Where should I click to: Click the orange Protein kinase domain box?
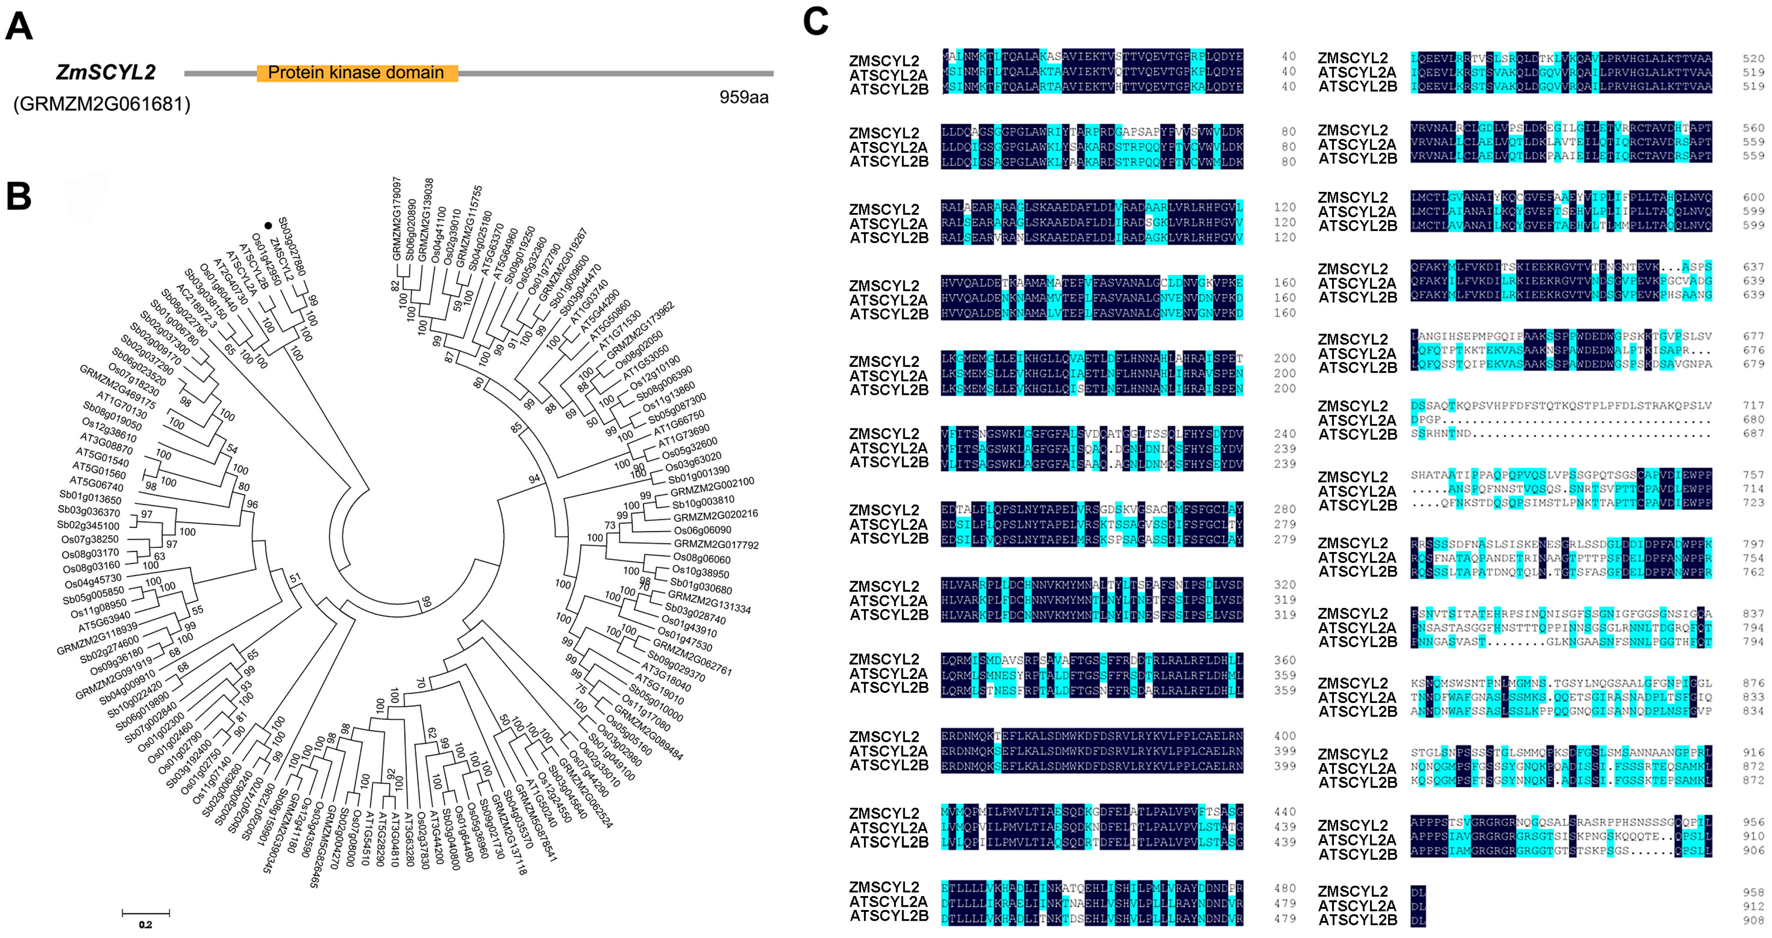[357, 73]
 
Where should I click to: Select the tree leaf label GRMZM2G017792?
[716, 544]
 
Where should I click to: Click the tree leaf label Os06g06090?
[702, 530]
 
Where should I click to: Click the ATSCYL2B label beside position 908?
[1357, 920]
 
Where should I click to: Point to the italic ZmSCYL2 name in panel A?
[105, 72]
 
